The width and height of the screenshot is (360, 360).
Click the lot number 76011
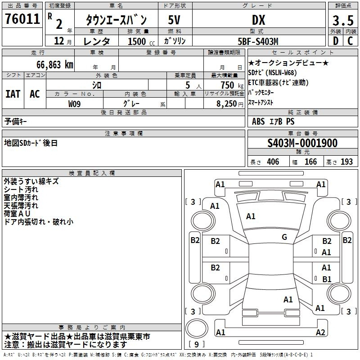(x=22, y=19)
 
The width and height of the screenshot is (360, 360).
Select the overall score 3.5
(x=343, y=20)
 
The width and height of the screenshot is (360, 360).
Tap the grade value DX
(x=258, y=20)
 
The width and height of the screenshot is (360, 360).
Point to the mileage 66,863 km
(x=55, y=65)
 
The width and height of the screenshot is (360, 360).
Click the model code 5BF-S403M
(x=258, y=41)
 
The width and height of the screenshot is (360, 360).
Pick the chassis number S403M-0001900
(x=302, y=143)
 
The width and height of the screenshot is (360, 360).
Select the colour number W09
(x=74, y=104)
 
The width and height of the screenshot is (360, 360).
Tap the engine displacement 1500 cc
(x=141, y=41)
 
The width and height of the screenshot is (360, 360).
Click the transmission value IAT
(x=13, y=94)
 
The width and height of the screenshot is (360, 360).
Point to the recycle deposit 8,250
(x=227, y=104)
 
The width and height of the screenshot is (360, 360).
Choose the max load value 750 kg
(x=232, y=85)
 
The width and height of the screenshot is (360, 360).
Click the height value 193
(x=346, y=162)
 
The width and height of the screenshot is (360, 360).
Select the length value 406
(x=273, y=162)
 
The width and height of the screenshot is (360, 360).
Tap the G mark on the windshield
(x=284, y=237)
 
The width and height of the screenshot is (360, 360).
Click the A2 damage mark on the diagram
(x=320, y=332)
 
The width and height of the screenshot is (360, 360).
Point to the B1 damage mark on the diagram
(x=327, y=279)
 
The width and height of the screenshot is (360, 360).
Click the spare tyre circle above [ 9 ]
(x=197, y=328)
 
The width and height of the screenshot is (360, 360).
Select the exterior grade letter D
(x=336, y=41)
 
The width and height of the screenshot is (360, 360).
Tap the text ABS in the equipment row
(x=258, y=121)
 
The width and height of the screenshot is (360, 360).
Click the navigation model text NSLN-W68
(x=281, y=73)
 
